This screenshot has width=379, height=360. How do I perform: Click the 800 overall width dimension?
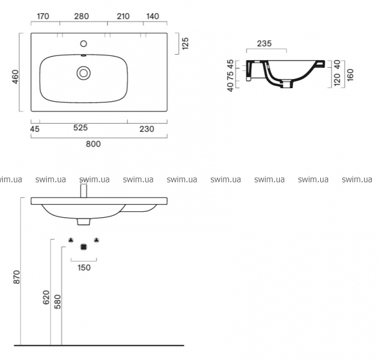[93, 144]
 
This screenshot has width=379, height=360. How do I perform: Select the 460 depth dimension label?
[15, 77]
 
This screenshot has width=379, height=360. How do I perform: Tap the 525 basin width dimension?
[80, 128]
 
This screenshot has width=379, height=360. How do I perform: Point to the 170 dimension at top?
[43, 16]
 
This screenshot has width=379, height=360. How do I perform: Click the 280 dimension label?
[82, 16]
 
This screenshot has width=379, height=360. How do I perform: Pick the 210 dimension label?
[123, 16]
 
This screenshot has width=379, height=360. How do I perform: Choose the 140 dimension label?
[153, 16]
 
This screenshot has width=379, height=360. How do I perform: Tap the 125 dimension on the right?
[185, 44]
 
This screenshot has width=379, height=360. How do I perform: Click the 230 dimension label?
[147, 129]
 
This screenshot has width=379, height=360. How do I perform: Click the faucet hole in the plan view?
[83, 44]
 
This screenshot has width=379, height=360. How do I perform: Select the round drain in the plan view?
[83, 73]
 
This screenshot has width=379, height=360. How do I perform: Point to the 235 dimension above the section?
[264, 44]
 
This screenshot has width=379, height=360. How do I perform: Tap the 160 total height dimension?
[350, 75]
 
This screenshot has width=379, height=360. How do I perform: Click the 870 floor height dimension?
[17, 277]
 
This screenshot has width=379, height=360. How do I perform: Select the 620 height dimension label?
[46, 297]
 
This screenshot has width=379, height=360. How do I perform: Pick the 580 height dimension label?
[58, 302]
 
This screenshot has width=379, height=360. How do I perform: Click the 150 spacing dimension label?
[84, 268]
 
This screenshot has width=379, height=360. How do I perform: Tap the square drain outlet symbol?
[83, 247]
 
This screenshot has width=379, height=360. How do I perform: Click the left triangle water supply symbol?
[71, 240]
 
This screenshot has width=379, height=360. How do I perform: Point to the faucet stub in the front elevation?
[83, 191]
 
